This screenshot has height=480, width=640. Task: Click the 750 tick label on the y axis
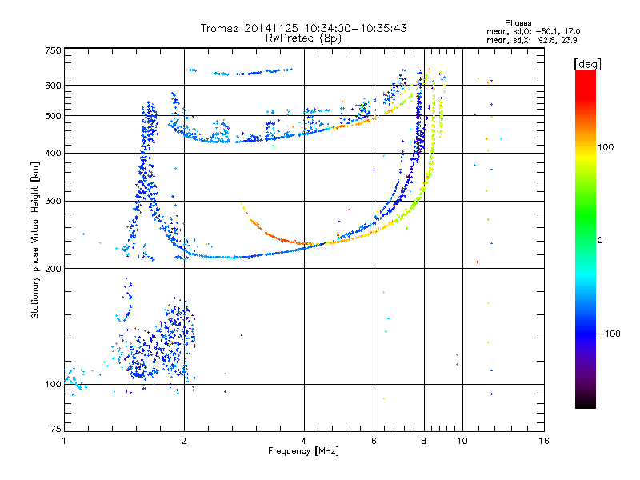(53, 50)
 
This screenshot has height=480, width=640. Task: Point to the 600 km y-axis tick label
(53, 85)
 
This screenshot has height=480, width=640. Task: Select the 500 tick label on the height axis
(53, 115)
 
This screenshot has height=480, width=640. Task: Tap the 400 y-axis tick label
(53, 153)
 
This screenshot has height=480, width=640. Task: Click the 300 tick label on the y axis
(53, 201)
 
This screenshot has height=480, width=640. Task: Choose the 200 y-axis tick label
(53, 268)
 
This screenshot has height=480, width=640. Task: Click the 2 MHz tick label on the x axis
(184, 441)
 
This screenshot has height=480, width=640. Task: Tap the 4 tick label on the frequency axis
(304, 441)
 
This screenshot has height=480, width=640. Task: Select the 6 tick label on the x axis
(374, 441)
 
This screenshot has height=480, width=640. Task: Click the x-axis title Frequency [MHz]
(303, 451)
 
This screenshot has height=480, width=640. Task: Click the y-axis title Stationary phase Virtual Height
(36, 240)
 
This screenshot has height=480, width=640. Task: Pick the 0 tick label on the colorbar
(601, 239)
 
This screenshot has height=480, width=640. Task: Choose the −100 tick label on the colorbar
(610, 333)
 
